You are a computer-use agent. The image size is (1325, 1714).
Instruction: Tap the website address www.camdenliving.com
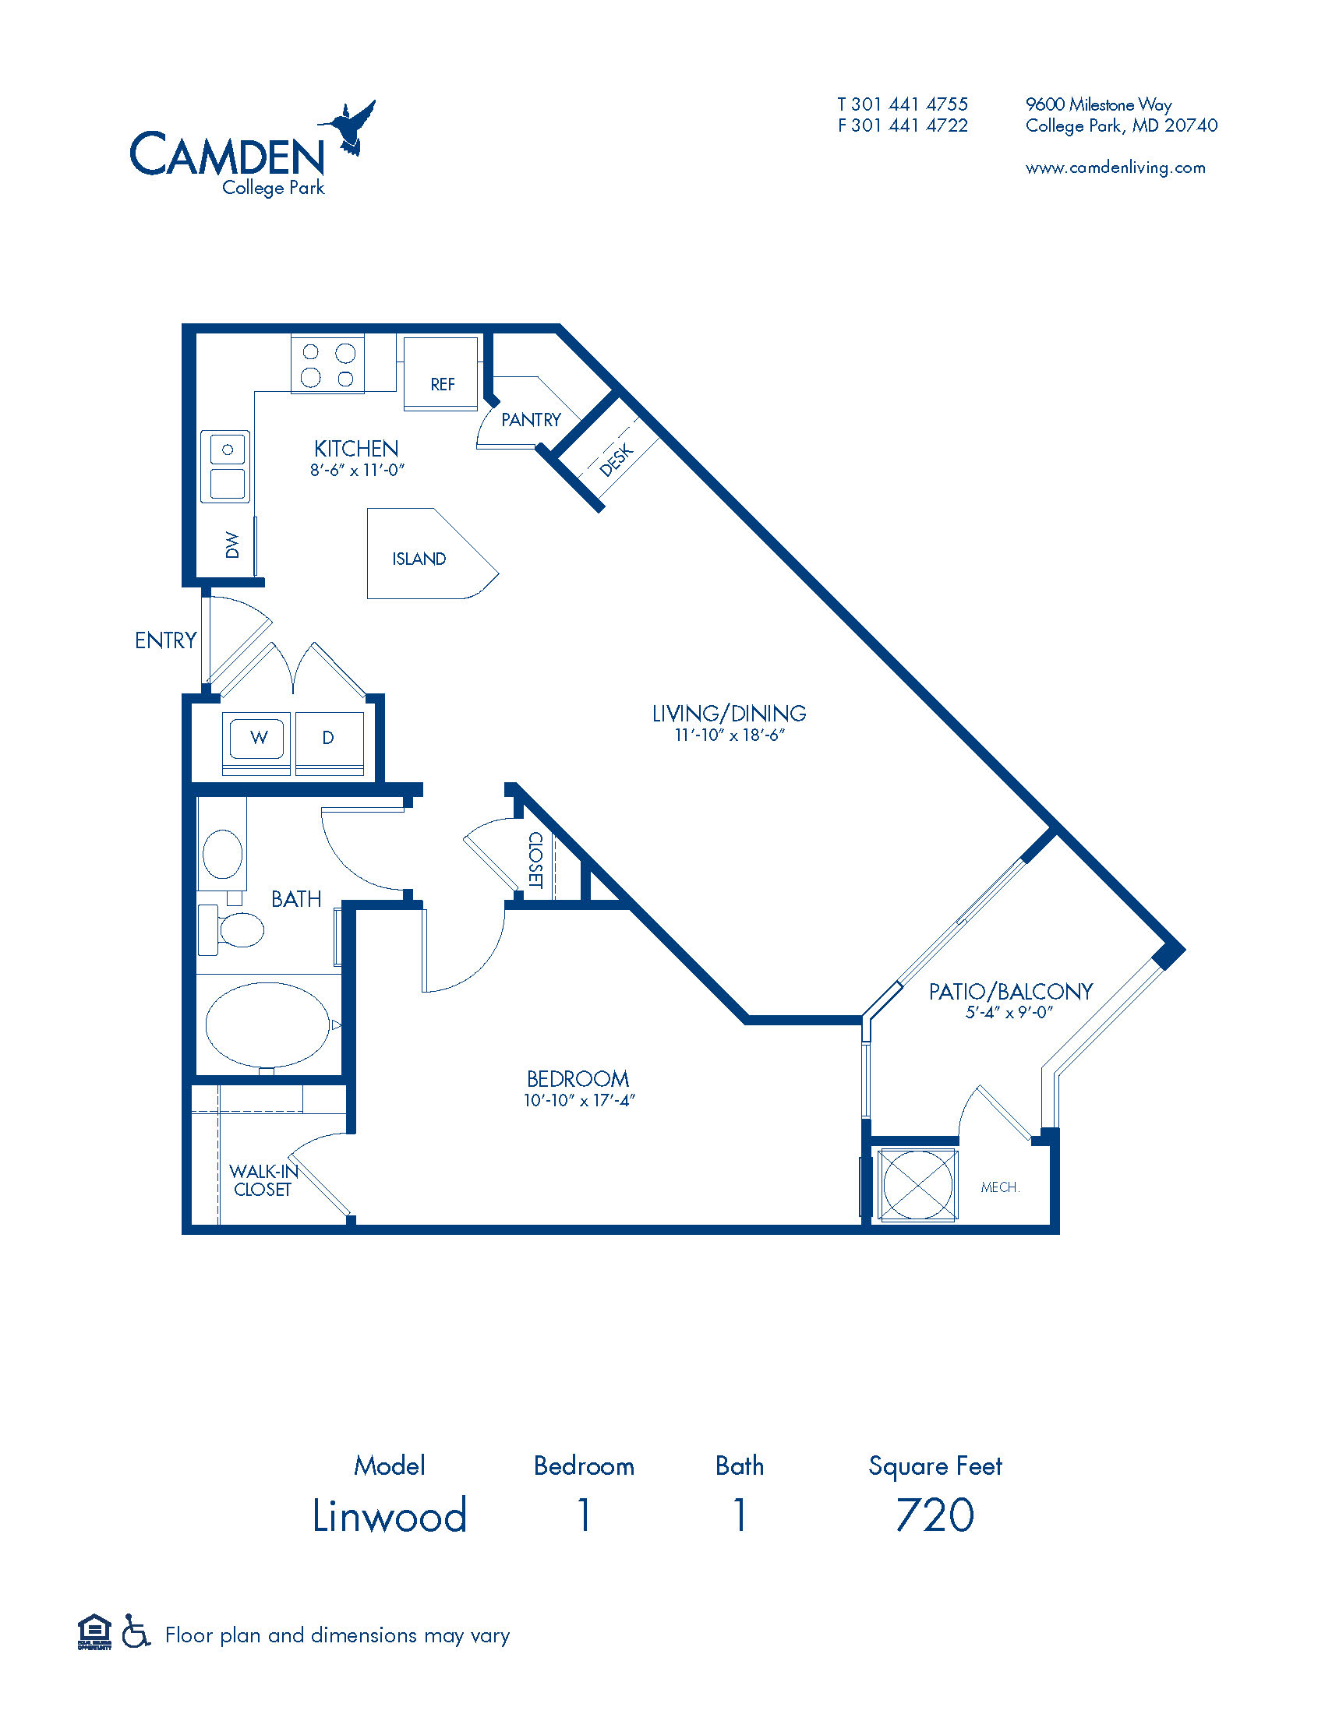(x=1115, y=168)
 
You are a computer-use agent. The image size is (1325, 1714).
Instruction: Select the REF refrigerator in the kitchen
(x=440, y=373)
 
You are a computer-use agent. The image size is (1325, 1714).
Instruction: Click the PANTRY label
(x=532, y=420)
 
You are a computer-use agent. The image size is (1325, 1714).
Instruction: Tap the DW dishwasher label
(x=231, y=545)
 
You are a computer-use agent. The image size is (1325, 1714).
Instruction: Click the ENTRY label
(x=164, y=640)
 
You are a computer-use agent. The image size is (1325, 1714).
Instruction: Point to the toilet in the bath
(x=231, y=930)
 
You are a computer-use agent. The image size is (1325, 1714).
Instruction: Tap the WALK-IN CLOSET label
(x=263, y=1180)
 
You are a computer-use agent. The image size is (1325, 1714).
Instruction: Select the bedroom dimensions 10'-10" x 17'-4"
(x=578, y=1100)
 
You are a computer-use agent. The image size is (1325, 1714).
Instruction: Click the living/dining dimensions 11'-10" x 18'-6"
(x=730, y=735)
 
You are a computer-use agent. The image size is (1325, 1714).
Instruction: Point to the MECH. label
(x=1000, y=1187)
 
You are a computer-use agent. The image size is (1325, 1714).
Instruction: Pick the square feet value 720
(x=935, y=1515)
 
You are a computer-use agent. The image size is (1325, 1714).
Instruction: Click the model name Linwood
(x=390, y=1515)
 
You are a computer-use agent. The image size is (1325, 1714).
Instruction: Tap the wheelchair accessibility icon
(x=136, y=1634)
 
